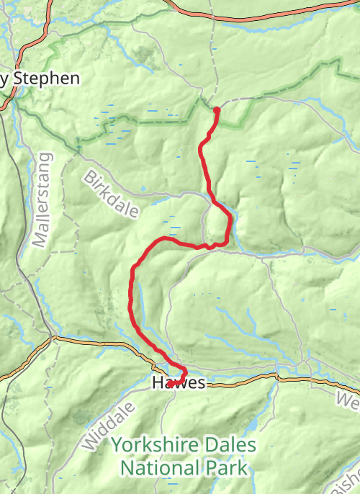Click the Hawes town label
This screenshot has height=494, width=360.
[179, 384]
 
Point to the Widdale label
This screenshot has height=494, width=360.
[99, 428]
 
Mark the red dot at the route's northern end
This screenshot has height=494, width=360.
[217, 109]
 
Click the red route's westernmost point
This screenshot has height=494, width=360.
[131, 295]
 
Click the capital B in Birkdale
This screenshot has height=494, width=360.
[90, 176]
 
